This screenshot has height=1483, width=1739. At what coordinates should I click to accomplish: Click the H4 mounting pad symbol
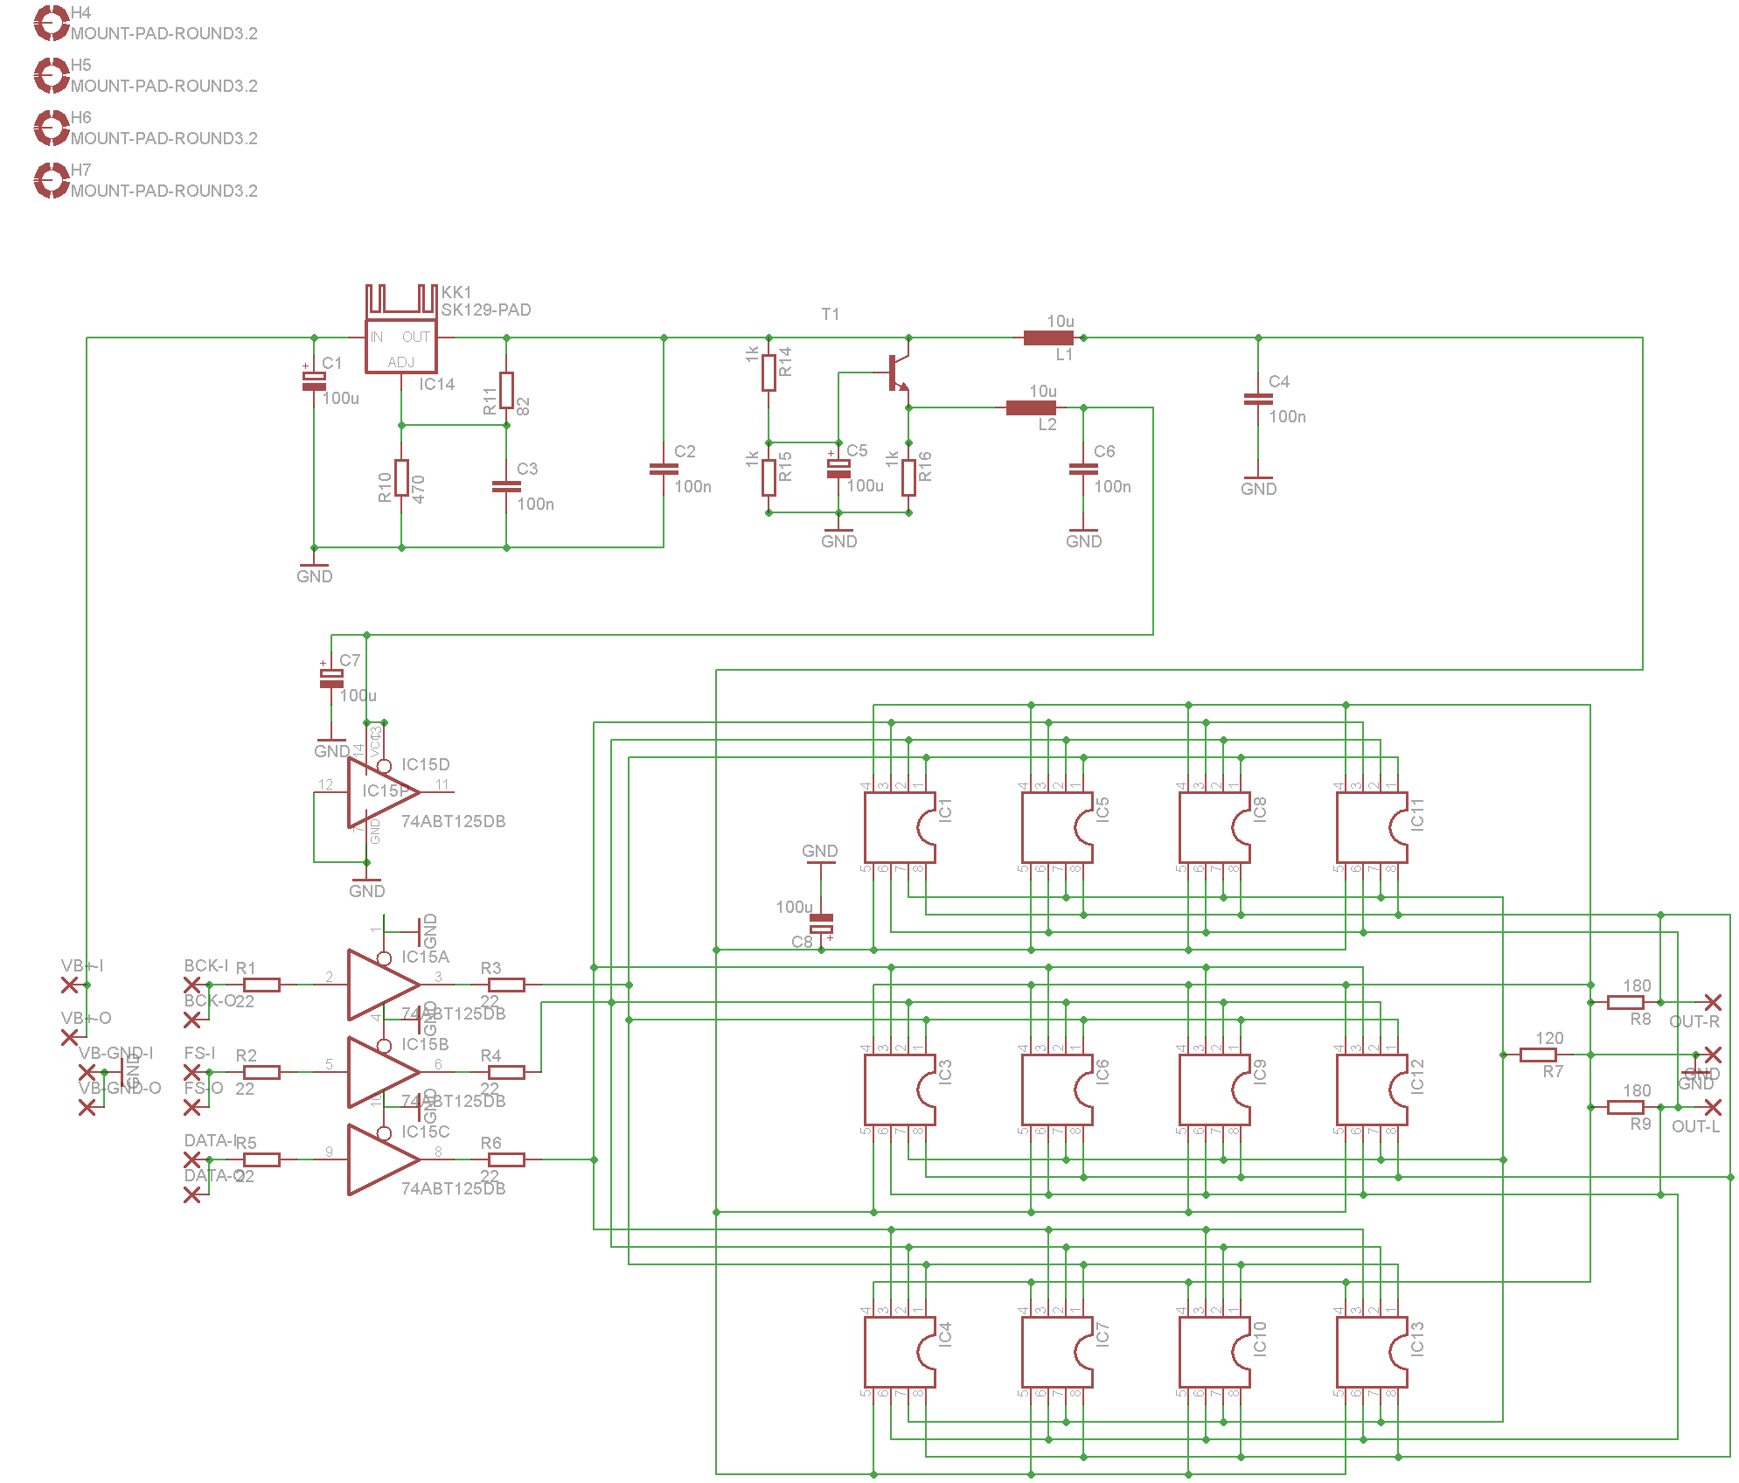pyautogui.click(x=51, y=23)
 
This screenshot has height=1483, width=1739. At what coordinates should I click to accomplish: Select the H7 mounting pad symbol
pyautogui.click(x=51, y=180)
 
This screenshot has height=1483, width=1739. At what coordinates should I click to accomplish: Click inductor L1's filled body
pyautogui.click(x=1048, y=338)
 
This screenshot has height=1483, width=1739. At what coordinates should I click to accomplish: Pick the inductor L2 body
pyautogui.click(x=1031, y=407)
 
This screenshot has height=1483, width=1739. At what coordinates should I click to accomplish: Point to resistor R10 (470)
pyautogui.click(x=401, y=477)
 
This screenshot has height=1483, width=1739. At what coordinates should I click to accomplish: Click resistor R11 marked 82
pyautogui.click(x=506, y=390)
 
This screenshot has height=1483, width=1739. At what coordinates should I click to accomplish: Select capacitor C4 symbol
pyautogui.click(x=1258, y=399)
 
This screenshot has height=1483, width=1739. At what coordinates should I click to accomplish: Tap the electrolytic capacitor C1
pyautogui.click(x=314, y=380)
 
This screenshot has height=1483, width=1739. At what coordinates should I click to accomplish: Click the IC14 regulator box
pyautogui.click(x=400, y=348)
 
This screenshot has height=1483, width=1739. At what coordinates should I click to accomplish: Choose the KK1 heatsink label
pyautogui.click(x=456, y=292)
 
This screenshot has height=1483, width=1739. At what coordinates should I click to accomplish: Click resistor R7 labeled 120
pyautogui.click(x=1538, y=1055)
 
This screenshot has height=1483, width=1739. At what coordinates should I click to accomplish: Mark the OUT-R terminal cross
pyautogui.click(x=1713, y=1002)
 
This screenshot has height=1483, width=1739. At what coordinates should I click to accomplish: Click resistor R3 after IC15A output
pyautogui.click(x=506, y=985)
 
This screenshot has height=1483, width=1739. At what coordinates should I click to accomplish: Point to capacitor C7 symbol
pyautogui.click(x=331, y=678)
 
